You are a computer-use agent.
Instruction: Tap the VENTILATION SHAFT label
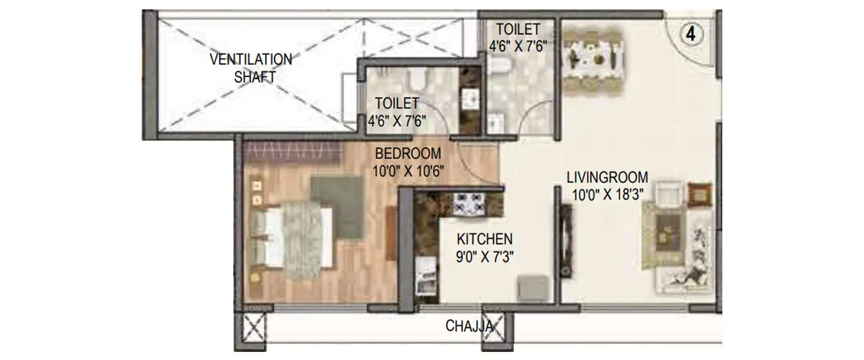point(251,68)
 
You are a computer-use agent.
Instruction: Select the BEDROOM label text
point(408,154)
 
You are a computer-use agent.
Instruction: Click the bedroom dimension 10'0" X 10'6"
point(409,172)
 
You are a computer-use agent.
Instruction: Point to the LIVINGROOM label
point(607,177)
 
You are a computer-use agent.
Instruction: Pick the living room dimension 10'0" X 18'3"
point(607,195)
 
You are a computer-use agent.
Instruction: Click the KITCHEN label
point(484,238)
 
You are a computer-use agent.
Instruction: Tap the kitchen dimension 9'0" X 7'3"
point(485,256)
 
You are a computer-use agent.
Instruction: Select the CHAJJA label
point(469,327)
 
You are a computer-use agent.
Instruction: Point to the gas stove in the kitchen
point(469,204)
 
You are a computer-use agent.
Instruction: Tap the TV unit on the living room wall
point(567,242)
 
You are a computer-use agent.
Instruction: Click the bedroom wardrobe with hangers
point(293,152)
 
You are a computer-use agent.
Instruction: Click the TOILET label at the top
point(518,29)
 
